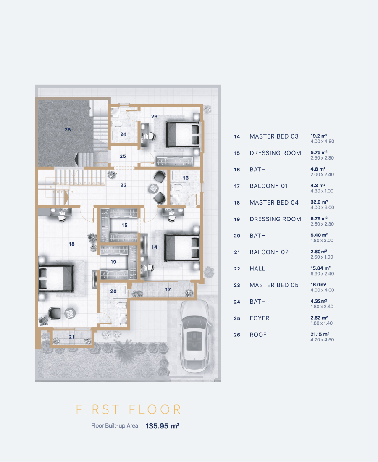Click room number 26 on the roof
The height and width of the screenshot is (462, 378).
pos(68,130)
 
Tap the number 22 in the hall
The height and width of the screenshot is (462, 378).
pos(123,185)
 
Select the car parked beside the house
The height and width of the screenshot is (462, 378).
pos(195,336)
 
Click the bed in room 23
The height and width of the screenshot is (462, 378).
pos(183,134)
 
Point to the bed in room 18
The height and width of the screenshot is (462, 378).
pos(56,278)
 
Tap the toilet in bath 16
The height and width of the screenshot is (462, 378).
pos(177,187)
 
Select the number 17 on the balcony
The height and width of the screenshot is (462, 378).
pos(168,290)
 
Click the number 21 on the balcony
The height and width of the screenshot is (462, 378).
pos(71,336)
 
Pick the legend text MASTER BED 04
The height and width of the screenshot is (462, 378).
pos(274,203)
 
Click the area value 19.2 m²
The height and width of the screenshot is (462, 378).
pos(319,136)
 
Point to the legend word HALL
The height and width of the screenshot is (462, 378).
pos(257,269)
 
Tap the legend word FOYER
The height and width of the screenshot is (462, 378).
pos(259,318)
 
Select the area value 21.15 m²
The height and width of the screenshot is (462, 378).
pos(320,334)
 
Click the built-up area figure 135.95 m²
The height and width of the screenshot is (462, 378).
pos(163,426)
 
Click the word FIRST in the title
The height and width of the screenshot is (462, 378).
pos(98,409)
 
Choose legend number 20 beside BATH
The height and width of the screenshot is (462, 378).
pos(237,236)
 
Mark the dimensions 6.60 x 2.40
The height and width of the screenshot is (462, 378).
pos(322,274)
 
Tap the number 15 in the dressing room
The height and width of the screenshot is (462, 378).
pos(125,225)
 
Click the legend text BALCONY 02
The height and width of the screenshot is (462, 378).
pos(269,252)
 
